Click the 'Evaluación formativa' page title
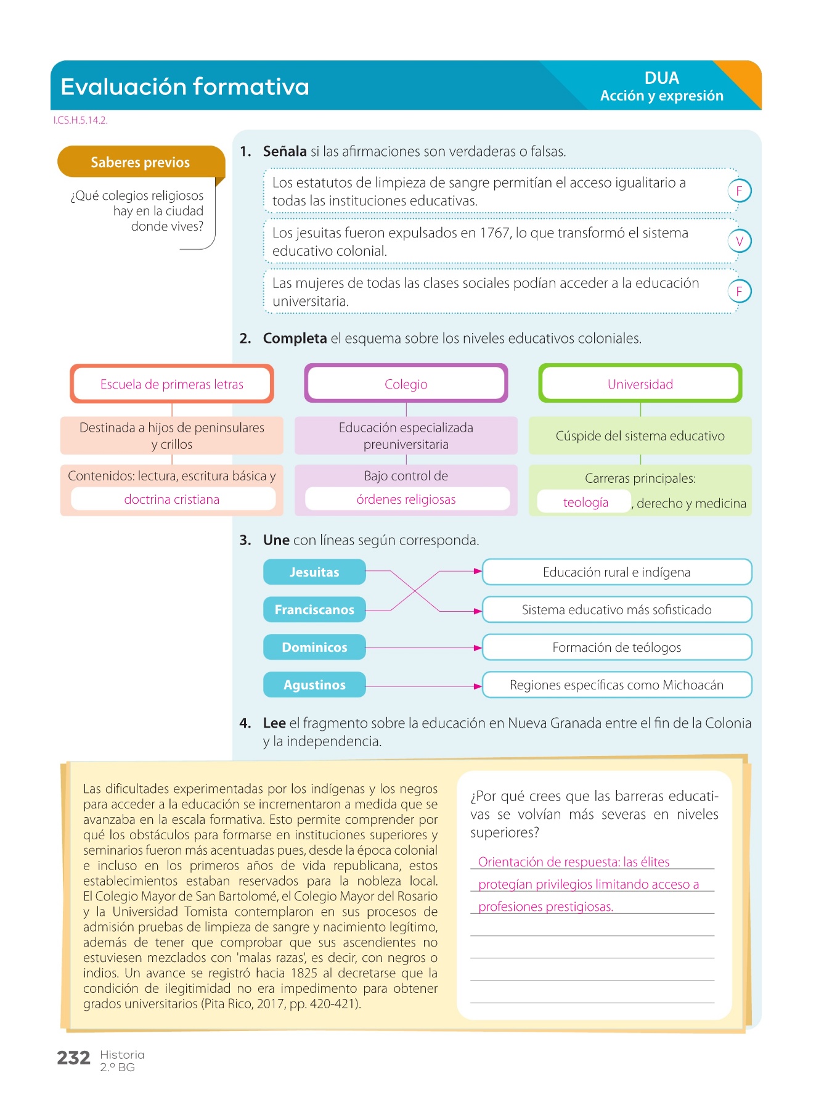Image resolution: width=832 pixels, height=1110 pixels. [x=185, y=87]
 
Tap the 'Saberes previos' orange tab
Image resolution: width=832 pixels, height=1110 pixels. [x=141, y=162]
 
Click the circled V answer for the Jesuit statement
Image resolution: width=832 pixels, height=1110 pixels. [x=740, y=241]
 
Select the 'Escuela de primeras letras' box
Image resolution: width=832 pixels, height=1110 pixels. [x=172, y=384]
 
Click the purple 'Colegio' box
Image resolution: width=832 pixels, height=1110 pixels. [x=406, y=384]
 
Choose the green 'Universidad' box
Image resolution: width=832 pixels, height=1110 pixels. [x=640, y=384]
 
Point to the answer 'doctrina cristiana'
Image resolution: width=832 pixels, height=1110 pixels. [x=172, y=499]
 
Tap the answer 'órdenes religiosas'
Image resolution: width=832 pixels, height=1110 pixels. [x=406, y=499]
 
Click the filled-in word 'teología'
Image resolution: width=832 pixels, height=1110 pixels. [x=585, y=503]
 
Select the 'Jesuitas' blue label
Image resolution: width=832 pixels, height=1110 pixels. [x=314, y=572]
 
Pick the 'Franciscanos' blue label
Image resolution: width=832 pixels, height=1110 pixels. [x=314, y=610]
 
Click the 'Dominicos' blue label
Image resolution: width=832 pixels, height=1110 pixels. [x=314, y=647]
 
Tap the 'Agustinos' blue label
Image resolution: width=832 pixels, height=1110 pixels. [x=314, y=685]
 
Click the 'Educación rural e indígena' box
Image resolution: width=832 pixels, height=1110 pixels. [x=616, y=572]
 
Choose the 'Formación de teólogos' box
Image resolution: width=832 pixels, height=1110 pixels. [x=616, y=647]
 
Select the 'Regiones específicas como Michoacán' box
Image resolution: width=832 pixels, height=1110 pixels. [x=616, y=685]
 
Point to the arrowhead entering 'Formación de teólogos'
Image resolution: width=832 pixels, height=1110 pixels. [x=478, y=648]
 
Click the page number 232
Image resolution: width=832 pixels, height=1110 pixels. [x=73, y=1058]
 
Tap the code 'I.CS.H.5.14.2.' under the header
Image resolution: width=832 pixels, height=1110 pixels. [x=81, y=121]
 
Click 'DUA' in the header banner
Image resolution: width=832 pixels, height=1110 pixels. [x=662, y=78]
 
